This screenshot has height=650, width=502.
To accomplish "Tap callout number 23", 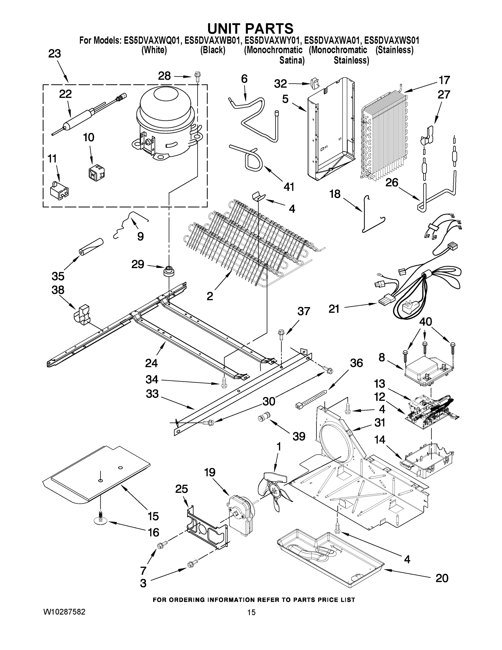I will [55, 54].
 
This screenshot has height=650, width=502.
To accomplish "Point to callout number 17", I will [444, 80].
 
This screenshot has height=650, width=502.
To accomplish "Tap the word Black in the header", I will [212, 50].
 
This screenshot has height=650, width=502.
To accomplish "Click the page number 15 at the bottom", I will [251, 613].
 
